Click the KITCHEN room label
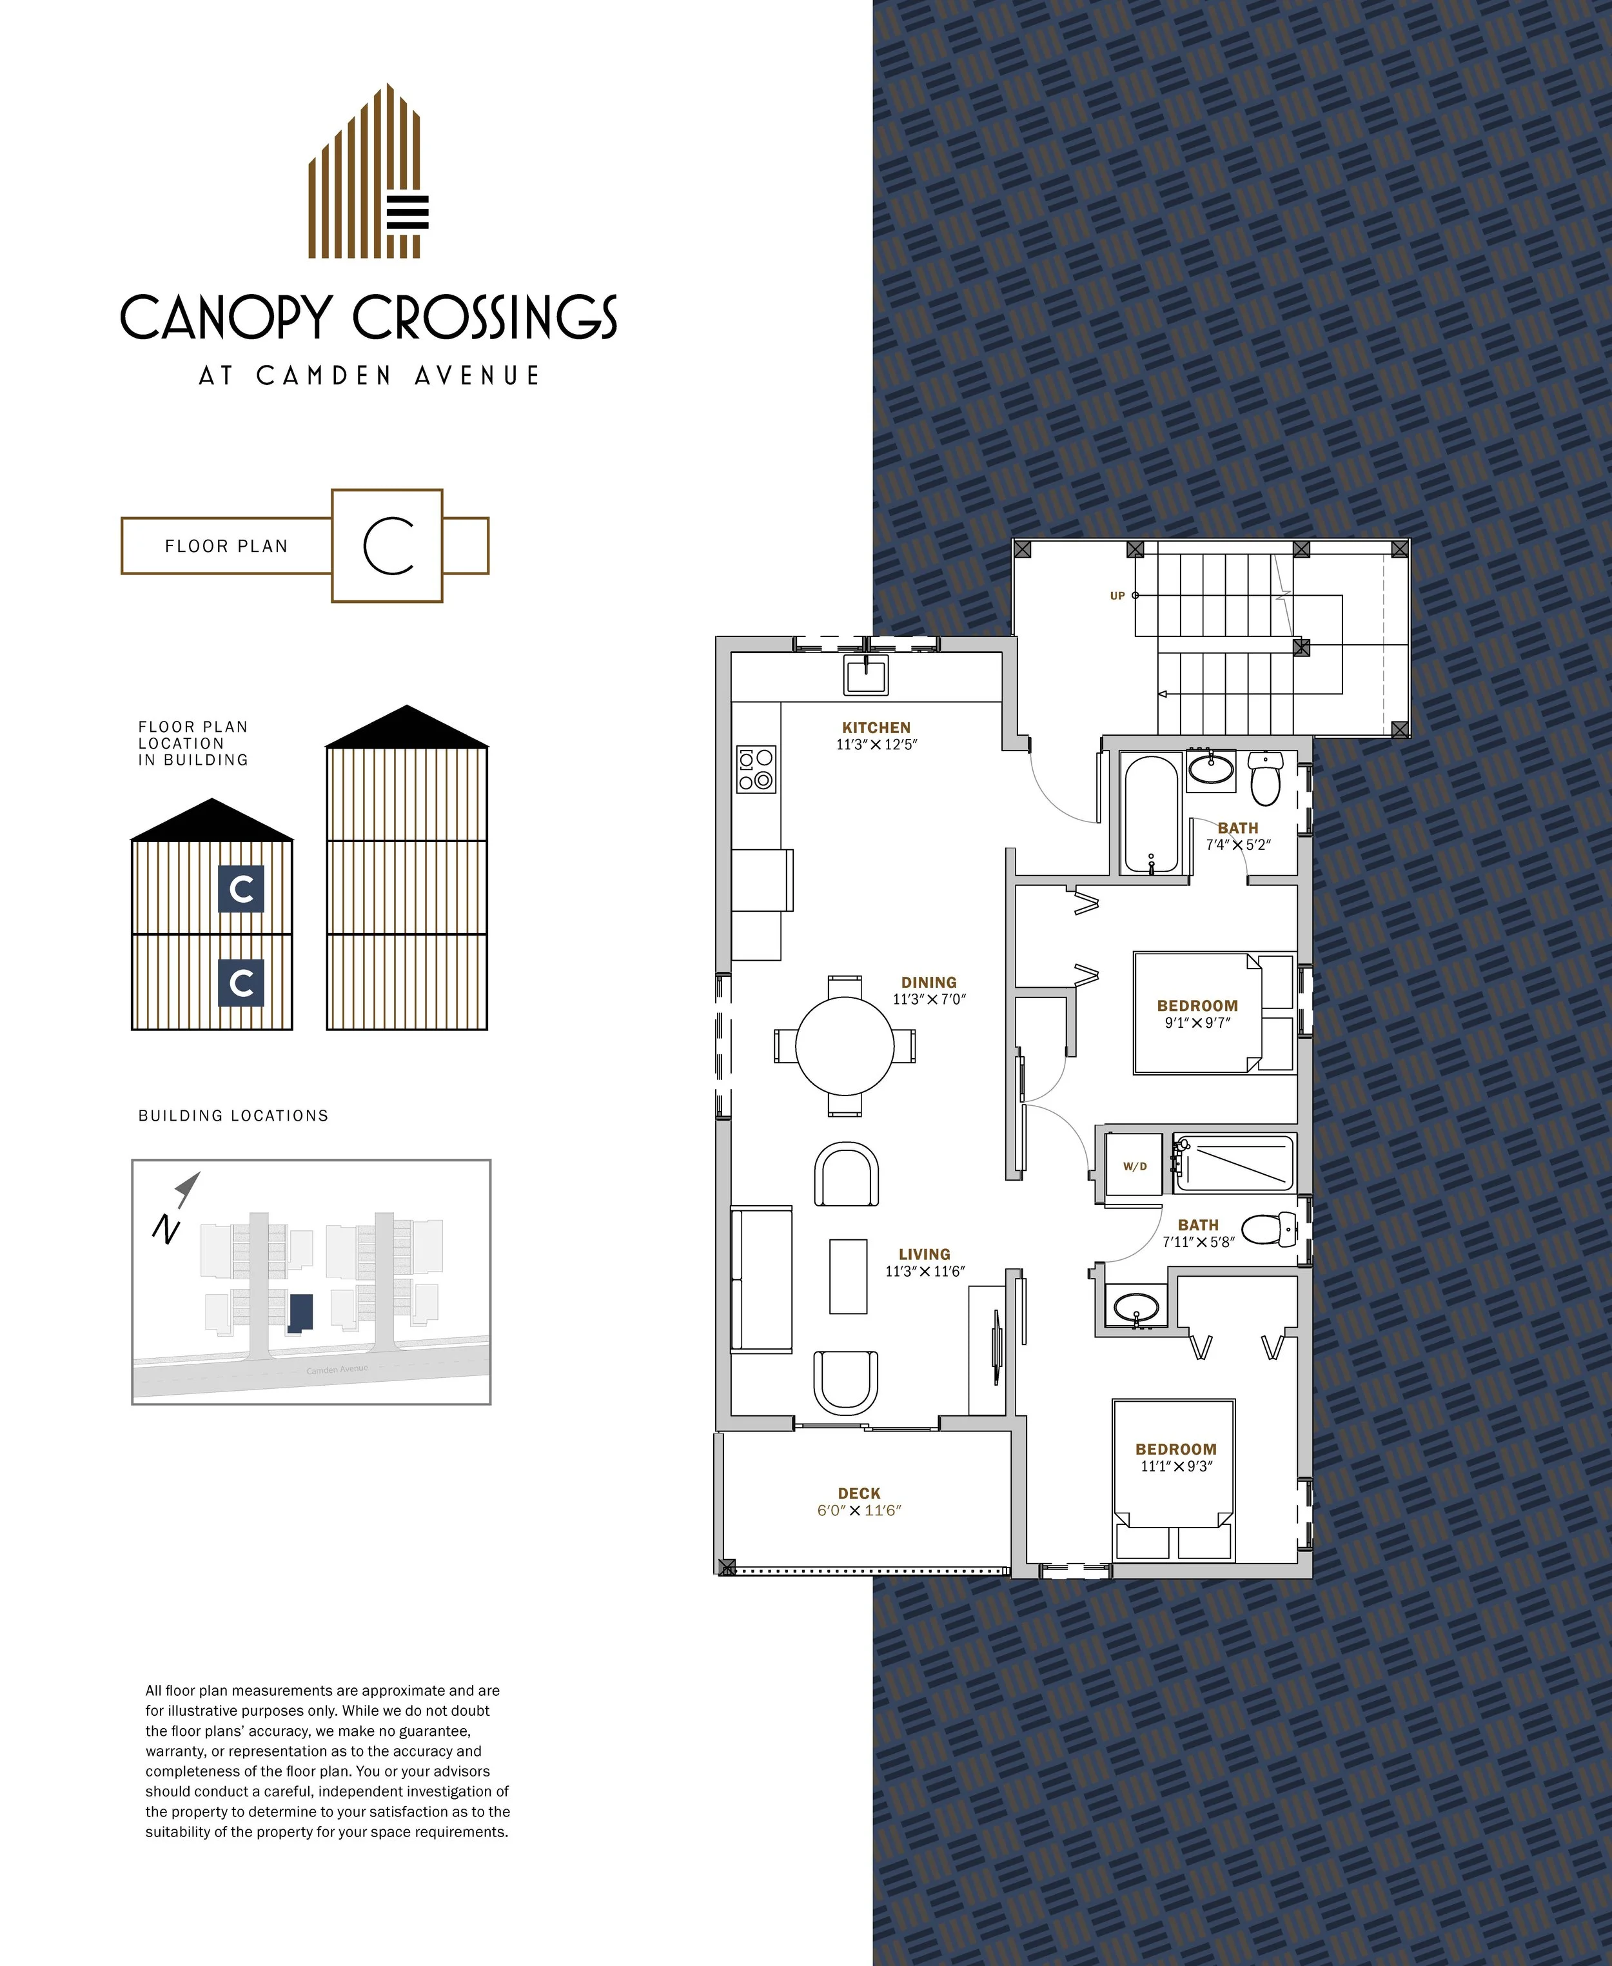point(876,727)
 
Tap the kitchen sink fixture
point(865,674)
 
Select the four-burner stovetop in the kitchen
point(756,770)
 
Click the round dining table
point(845,1046)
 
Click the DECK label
point(859,1493)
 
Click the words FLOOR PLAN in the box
point(226,546)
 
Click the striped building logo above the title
point(369,171)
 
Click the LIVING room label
point(924,1253)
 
